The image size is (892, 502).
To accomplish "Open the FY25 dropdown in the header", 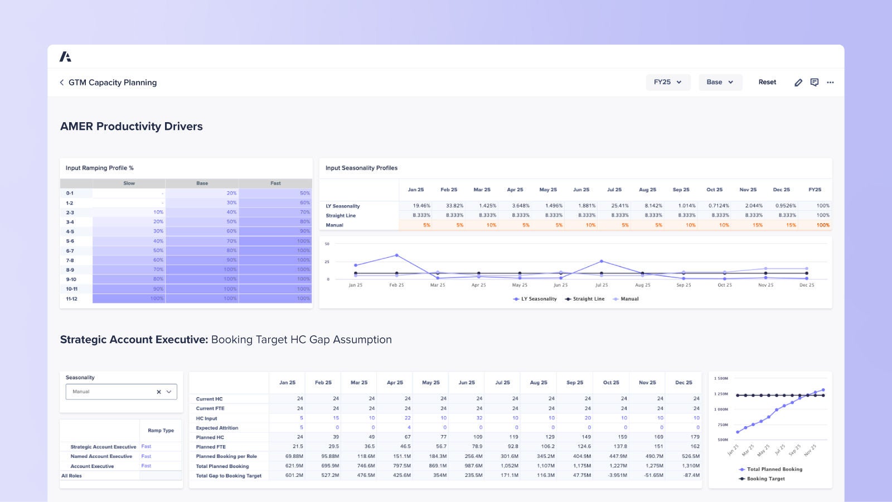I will coord(668,82).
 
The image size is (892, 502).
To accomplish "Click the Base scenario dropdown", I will coord(720,82).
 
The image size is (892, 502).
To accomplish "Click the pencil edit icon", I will coord(798,83).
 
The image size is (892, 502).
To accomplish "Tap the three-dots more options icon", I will coord(830,83).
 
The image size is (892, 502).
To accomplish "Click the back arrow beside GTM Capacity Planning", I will coord(62,83).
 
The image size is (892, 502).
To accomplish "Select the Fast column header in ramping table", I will coord(275,184).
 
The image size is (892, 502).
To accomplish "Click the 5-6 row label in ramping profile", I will coord(70,242).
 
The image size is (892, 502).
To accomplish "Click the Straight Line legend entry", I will coord(585,299).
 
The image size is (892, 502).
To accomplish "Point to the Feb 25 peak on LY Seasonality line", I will coord(396,255).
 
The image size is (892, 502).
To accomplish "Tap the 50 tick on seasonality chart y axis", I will coord(327,244).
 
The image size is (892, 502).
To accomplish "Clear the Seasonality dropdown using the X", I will coord(159,392).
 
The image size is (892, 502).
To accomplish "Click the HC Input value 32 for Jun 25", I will coord(479,418).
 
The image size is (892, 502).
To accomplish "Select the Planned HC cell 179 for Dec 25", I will coord(695,437).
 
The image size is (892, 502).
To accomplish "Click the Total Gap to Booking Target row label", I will coord(229,476).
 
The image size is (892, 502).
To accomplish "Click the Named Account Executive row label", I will coord(101,456).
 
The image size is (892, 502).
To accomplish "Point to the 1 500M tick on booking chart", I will coord(721,378).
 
